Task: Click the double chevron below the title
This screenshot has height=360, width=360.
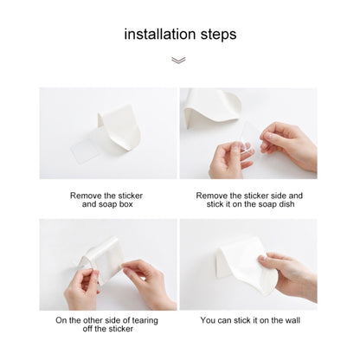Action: (x=178, y=60)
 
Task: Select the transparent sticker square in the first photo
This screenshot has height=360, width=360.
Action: (x=86, y=151)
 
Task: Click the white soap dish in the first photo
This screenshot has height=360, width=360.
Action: (x=120, y=127)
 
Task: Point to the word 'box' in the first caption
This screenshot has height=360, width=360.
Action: (x=125, y=204)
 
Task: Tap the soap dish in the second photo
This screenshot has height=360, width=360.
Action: (x=211, y=108)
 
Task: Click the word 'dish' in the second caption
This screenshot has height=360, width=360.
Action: (x=286, y=204)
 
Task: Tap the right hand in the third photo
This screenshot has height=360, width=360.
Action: (x=149, y=283)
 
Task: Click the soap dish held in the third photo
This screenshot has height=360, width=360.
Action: (x=102, y=260)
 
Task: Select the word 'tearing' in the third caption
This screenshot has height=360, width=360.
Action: (x=145, y=320)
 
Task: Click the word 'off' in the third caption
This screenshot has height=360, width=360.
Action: (x=87, y=329)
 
